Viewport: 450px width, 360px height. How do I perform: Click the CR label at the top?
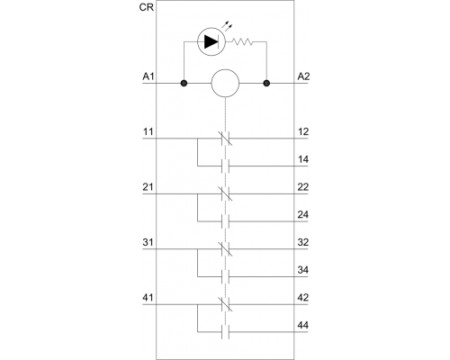(147, 7)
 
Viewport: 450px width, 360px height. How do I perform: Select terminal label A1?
(148, 76)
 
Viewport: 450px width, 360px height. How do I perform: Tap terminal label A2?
(303, 76)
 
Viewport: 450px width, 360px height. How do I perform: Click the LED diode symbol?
(211, 41)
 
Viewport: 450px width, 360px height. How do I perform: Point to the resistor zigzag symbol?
(243, 41)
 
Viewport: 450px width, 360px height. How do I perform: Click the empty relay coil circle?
(225, 83)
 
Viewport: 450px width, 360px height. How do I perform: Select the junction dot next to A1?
(184, 83)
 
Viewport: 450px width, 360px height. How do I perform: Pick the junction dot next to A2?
(266, 83)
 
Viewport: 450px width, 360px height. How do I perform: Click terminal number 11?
(148, 132)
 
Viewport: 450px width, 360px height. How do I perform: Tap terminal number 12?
(303, 132)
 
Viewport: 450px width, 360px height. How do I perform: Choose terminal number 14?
(303, 159)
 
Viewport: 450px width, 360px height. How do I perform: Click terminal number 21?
(148, 187)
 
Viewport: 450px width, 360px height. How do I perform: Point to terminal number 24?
(303, 215)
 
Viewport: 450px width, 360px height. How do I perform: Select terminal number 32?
(303, 242)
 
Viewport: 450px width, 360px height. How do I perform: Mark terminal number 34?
(303, 270)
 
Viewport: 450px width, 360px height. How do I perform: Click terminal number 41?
(148, 298)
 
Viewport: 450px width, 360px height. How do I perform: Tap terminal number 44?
(303, 325)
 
